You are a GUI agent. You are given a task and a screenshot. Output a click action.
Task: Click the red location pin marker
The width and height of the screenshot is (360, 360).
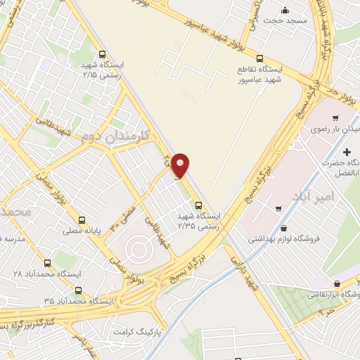click(181, 165)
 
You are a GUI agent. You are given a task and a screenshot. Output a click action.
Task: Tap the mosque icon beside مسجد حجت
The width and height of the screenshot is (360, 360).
click(285, 10)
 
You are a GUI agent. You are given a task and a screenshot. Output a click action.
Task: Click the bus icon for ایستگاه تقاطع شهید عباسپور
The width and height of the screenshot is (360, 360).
click(259, 58)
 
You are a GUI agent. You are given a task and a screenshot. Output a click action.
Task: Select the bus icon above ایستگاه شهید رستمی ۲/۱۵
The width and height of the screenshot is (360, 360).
click(103, 54)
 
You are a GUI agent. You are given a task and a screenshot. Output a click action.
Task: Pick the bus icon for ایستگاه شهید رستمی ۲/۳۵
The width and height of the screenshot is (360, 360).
click(198, 205)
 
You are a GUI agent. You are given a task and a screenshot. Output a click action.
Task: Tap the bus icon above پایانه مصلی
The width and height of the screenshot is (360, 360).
click(82, 220)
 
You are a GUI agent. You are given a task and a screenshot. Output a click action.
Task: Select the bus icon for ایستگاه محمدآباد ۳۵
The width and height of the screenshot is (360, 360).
click(77, 289)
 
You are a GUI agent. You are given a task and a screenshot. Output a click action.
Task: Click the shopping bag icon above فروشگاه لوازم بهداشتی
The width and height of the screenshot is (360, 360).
click(283, 228)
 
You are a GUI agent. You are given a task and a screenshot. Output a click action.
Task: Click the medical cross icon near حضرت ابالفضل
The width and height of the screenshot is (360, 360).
click(347, 152)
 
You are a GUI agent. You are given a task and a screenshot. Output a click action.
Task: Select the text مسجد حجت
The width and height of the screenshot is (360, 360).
click(286, 21)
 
